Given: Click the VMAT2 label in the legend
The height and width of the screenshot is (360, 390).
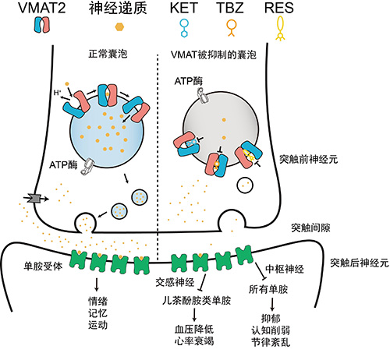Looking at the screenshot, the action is click(42, 8).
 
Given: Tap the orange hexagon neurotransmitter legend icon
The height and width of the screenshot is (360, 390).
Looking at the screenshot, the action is click(119, 26).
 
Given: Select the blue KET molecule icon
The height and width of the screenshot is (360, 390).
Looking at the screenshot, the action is click(184, 28).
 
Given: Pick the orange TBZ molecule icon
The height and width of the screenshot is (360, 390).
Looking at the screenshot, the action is click(231, 28).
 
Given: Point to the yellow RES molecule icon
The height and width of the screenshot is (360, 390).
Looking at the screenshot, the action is click(280, 29).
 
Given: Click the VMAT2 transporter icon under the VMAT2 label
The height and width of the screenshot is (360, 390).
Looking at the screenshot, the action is click(42, 25).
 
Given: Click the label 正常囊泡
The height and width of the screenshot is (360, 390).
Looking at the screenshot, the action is click(108, 54).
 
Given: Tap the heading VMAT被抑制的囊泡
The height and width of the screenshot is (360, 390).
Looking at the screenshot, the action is click(214, 55).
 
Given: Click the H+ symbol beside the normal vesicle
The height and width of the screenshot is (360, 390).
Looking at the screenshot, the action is click(58, 92).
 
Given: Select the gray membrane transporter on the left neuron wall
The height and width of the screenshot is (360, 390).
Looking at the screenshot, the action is click(35, 199).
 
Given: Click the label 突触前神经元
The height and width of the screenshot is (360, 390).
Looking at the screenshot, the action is click(309, 159).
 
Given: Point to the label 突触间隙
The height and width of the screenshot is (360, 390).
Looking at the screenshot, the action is click(310, 228).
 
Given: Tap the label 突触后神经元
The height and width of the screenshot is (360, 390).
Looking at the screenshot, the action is click(360, 263).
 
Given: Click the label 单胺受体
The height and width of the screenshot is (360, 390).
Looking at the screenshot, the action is click(43, 266).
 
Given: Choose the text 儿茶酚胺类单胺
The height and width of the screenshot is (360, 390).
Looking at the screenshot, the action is click(197, 301).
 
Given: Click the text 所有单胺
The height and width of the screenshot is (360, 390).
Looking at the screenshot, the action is click(268, 289).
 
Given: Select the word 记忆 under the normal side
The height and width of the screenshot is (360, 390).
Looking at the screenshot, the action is click(97, 313).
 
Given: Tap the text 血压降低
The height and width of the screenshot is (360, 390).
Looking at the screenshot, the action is click(194, 329).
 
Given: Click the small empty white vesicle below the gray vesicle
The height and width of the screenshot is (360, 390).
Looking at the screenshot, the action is click(245, 185).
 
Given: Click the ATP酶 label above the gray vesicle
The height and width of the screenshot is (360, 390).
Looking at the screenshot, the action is click(189, 81).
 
